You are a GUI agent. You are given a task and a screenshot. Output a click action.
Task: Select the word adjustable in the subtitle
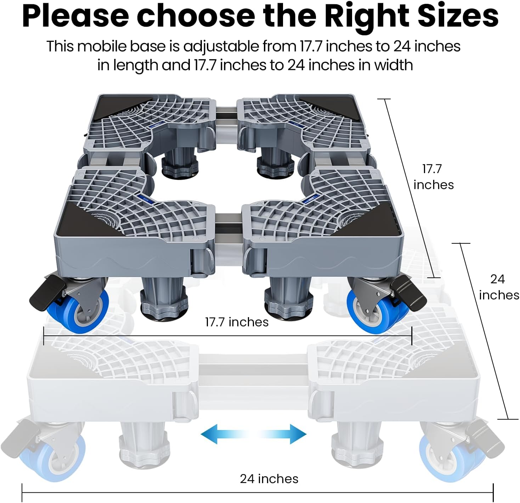(x=221, y=46)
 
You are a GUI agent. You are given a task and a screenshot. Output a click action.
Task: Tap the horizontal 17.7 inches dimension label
(x=237, y=322)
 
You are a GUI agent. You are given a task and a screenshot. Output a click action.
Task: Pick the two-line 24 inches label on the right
(x=499, y=287)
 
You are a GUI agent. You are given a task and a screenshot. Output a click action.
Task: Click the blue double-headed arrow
(x=253, y=434)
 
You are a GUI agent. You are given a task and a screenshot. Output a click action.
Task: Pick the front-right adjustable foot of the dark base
(x=289, y=299)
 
